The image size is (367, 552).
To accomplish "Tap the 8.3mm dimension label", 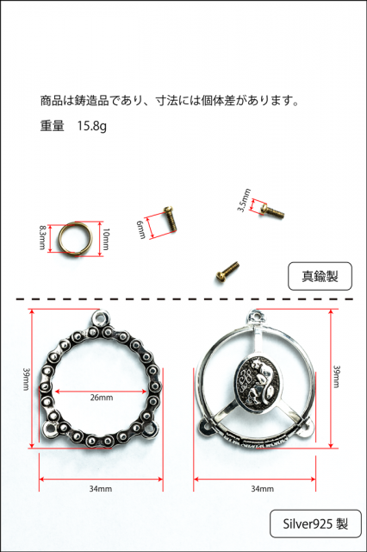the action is click(x=42, y=238).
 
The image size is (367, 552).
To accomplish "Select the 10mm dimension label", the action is click(x=106, y=239).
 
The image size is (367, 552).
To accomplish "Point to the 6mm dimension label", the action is click(x=141, y=229).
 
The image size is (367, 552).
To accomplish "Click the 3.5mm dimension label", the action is click(x=244, y=200).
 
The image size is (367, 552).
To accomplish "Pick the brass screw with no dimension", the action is click(x=227, y=272).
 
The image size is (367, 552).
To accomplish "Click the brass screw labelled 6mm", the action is click(x=171, y=218).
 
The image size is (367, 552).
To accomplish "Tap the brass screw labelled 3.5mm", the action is click(x=272, y=210).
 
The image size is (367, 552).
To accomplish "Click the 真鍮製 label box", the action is click(x=320, y=276).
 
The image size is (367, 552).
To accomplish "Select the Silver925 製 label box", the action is click(x=315, y=524).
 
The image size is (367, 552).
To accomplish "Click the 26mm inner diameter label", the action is click(x=102, y=398).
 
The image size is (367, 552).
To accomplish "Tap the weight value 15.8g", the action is click(x=91, y=126).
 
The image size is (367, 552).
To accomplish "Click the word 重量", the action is click(x=52, y=126).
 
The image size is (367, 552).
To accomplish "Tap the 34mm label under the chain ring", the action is click(x=101, y=489).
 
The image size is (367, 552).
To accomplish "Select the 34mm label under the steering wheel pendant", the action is click(x=262, y=489).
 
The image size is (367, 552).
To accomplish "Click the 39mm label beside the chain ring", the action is click(x=27, y=379).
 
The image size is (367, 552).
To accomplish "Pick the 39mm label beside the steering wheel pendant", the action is click(x=336, y=376).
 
